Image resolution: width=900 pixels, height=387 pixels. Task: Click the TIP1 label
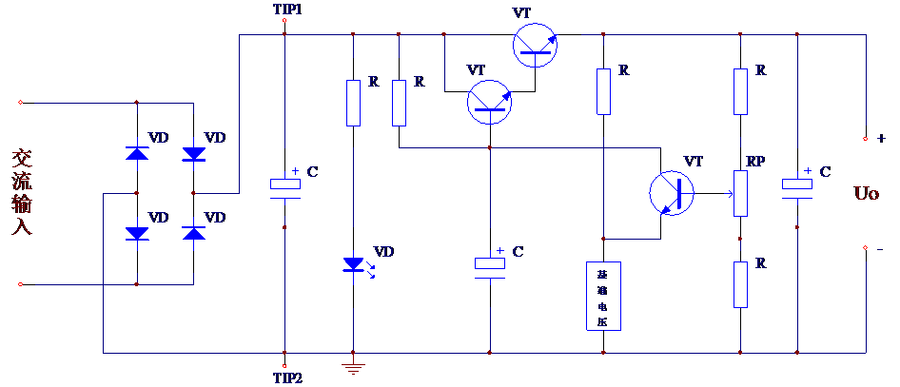(287, 10)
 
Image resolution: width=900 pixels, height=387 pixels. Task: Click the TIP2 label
(287, 377)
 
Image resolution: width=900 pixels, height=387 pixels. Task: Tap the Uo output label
(867, 193)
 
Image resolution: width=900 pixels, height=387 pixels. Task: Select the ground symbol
(354, 368)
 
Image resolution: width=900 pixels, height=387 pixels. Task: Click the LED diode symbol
(354, 264)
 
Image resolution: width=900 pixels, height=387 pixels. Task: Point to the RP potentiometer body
(740, 193)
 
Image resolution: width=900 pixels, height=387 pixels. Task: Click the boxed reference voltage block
(603, 296)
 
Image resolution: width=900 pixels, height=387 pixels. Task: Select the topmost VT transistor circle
(536, 45)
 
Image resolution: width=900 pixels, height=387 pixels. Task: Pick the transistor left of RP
(673, 193)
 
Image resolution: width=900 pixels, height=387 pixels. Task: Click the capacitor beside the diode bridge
(285, 187)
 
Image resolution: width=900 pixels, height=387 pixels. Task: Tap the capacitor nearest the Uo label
(797, 187)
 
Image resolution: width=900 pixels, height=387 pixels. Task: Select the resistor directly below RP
(740, 283)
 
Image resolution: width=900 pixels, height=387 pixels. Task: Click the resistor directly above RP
(740, 90)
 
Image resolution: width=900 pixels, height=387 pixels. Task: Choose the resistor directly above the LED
(354, 103)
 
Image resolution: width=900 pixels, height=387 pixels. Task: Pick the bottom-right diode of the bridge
(194, 232)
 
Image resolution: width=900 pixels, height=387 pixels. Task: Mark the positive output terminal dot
(866, 139)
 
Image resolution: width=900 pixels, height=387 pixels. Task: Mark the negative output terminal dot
(866, 249)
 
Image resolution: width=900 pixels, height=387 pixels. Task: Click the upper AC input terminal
(21, 102)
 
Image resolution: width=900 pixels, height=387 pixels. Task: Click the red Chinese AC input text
(22, 192)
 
